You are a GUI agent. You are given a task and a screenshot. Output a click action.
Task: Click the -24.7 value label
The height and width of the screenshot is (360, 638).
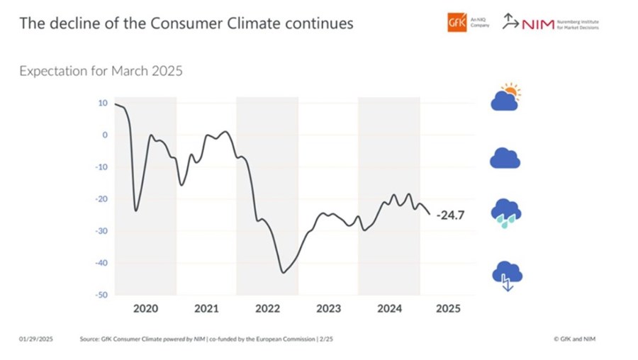450,214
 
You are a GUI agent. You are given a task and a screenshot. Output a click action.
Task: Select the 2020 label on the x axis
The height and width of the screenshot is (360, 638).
145,309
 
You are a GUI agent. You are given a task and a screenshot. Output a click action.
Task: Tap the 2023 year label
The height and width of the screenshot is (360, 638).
328,309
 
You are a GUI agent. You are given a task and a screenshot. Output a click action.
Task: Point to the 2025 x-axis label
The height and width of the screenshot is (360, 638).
448,309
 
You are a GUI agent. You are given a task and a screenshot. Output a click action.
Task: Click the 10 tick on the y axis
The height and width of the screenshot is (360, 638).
103,103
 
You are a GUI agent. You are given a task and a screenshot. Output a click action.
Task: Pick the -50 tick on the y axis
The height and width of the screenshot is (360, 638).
101,295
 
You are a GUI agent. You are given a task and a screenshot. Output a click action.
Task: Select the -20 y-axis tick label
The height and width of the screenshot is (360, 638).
101,199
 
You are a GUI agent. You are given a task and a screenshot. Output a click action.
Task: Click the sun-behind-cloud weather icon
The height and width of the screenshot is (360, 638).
505,99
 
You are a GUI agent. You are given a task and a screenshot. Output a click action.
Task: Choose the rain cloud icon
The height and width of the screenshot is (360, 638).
506,213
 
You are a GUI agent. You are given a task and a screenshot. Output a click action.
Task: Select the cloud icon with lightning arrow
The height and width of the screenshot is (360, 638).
506,276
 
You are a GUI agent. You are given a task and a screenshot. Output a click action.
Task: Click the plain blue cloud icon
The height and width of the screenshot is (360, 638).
505,158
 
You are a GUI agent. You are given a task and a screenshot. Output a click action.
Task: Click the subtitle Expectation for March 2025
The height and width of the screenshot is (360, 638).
101,72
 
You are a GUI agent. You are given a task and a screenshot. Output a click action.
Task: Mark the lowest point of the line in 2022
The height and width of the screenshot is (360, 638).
283,272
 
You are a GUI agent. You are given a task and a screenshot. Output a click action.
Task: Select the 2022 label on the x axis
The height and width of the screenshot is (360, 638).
267,309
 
